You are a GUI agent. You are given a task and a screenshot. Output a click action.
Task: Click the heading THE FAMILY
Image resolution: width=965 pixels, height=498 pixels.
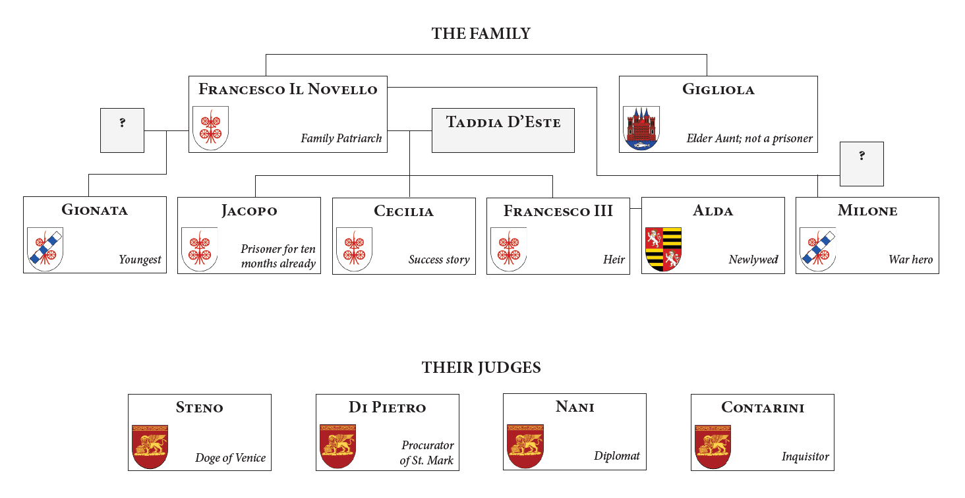481,34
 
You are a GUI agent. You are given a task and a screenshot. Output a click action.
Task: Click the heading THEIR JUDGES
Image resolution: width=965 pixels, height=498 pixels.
481,368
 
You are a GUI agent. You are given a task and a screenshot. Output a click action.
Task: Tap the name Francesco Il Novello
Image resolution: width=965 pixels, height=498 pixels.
288,90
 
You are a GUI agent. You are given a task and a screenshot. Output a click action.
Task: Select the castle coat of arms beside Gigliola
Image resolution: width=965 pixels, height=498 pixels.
641,128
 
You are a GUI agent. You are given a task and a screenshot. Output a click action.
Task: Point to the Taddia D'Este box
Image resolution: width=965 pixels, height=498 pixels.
503,130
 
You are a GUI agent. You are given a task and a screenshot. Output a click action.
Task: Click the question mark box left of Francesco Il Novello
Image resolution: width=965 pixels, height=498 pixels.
122,130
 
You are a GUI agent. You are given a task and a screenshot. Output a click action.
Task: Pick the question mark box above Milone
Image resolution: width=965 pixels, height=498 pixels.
862,163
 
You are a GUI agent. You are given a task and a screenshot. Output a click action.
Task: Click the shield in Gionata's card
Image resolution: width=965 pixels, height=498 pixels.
45,249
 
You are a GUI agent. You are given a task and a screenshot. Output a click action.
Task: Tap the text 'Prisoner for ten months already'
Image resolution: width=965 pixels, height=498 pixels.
278,256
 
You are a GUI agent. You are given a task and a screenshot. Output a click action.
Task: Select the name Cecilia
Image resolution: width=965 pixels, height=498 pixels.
403,211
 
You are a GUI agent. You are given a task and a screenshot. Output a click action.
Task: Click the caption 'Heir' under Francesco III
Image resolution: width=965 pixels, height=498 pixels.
614,260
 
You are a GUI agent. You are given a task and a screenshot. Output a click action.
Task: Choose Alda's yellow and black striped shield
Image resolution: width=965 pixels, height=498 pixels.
663,249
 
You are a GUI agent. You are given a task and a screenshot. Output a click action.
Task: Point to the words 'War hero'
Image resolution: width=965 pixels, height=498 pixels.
910,260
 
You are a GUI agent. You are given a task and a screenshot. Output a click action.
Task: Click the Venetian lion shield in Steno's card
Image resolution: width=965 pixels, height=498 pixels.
150,446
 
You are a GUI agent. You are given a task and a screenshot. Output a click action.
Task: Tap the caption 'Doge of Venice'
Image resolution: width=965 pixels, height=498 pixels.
230,458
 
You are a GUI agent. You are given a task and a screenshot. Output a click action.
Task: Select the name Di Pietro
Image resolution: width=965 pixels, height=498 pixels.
387,408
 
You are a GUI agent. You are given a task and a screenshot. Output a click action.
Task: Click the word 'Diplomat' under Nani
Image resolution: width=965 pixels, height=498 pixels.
617,456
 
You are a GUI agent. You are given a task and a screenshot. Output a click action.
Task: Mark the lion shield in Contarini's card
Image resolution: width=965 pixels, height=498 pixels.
713,446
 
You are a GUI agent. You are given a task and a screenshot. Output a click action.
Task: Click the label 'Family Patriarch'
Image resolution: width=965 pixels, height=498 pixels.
341,138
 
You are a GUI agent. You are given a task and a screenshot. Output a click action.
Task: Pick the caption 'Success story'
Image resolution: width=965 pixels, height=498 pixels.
439,260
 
